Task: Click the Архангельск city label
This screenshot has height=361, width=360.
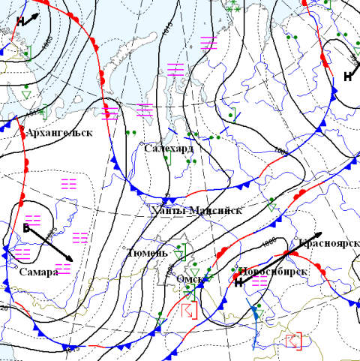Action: coord(58,133)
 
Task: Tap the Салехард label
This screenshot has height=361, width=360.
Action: coord(168,149)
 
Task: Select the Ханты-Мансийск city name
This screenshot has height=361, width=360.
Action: coord(196,210)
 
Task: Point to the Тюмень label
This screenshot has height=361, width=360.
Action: coord(148,252)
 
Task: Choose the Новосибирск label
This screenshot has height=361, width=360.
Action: coord(272,271)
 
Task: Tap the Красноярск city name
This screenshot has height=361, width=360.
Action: coord(328,245)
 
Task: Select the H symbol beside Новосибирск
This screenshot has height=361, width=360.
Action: coord(238,283)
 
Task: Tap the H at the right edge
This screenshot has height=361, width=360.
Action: coord(348,76)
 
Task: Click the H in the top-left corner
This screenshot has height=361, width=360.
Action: coord(20,22)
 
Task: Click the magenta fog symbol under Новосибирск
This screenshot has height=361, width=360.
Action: coord(259,282)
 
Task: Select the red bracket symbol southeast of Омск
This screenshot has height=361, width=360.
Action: coord(188,310)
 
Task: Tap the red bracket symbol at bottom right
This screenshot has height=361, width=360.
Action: coord(295,341)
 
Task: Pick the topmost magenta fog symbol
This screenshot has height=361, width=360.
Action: coord(209,43)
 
